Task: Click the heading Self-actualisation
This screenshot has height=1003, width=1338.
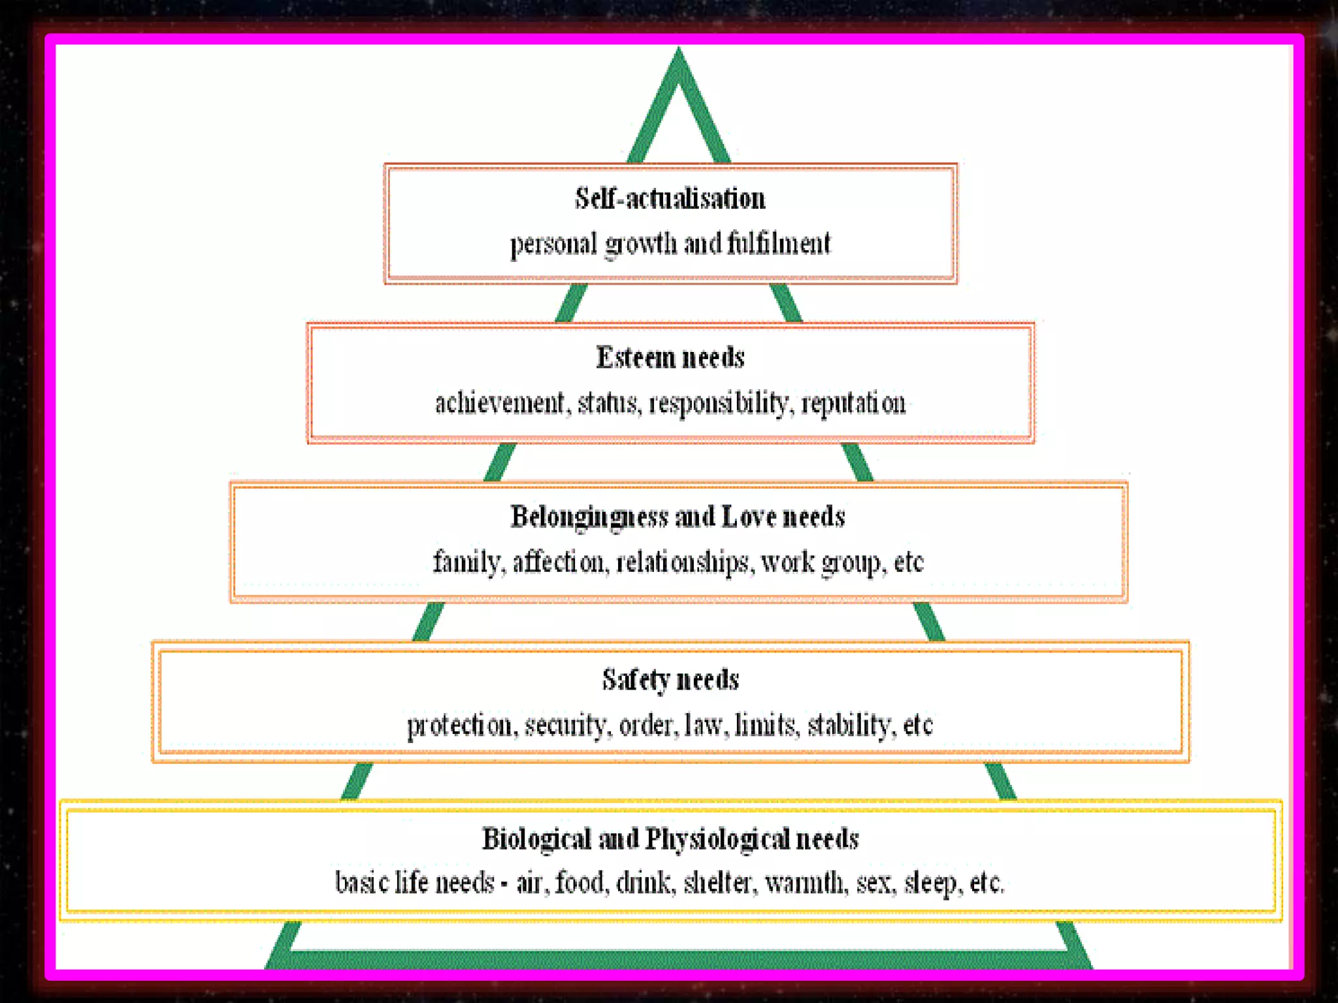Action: (x=670, y=199)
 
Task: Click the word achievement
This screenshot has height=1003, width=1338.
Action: (x=500, y=403)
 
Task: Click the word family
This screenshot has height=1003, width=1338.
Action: (x=467, y=562)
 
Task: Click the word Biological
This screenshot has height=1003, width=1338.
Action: (x=536, y=839)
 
